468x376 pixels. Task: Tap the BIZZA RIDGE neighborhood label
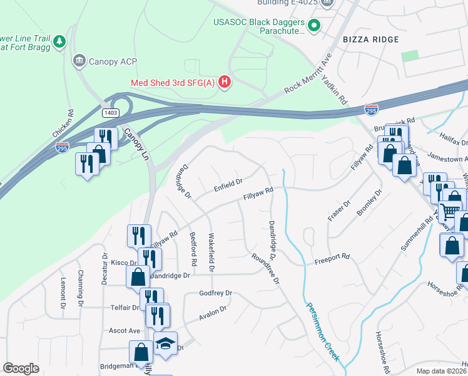coord(371,39)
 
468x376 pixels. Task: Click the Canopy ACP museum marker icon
coord(79,61)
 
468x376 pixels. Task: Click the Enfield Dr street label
coord(228,185)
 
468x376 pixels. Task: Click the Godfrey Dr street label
coord(215,293)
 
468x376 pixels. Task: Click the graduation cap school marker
coord(165,343)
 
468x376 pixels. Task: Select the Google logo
coord(21,368)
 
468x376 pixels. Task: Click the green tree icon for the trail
coord(59,41)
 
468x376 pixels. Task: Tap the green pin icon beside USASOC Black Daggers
coord(315,26)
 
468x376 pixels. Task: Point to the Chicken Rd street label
coord(64,124)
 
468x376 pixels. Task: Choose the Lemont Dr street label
coord(63,293)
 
